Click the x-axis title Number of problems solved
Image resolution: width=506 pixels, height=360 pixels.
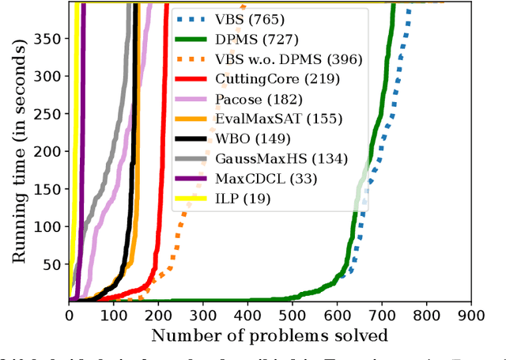pyautogui.click(x=270, y=335)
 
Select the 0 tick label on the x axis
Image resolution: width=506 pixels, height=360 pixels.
pyautogui.click(x=70, y=315)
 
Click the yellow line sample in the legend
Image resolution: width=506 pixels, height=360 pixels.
pyautogui.click(x=191, y=199)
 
